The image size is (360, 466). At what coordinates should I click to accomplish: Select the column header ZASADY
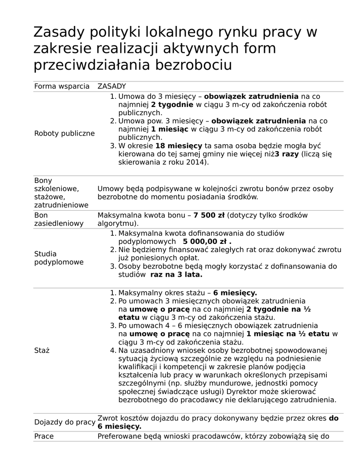(112, 86)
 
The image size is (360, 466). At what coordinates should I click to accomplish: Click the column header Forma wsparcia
(62, 86)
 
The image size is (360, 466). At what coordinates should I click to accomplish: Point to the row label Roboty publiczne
(65, 133)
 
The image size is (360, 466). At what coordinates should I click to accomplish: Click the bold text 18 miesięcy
(178, 146)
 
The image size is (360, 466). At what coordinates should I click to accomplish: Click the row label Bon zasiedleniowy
(59, 219)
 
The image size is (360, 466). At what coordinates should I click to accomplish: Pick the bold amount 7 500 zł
(209, 215)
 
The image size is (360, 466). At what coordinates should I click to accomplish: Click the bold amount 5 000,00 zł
(207, 241)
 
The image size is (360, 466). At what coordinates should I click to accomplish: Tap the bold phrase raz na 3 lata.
(176, 275)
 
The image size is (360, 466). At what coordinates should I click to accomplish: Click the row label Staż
(41, 351)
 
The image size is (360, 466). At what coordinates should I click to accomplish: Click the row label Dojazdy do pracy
(65, 422)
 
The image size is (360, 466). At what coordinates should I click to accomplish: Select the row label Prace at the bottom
(44, 436)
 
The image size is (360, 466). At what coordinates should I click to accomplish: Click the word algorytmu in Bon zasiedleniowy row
(116, 223)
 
